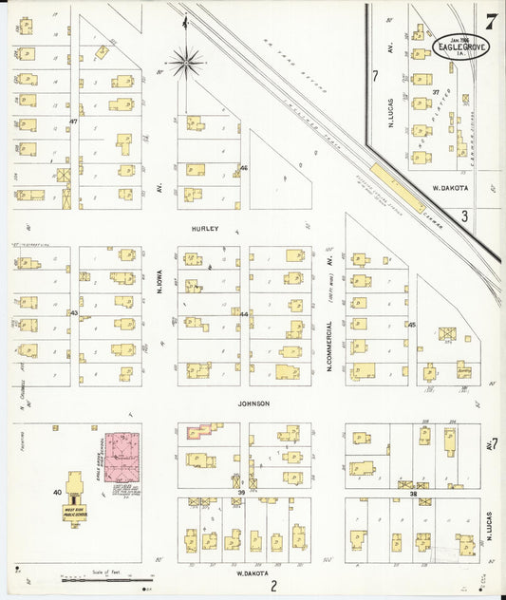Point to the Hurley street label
coord(205,229)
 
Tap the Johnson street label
coord(253,403)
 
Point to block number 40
coord(57,492)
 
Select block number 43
coord(72,312)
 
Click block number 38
coord(413,494)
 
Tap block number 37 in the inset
coord(437,92)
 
